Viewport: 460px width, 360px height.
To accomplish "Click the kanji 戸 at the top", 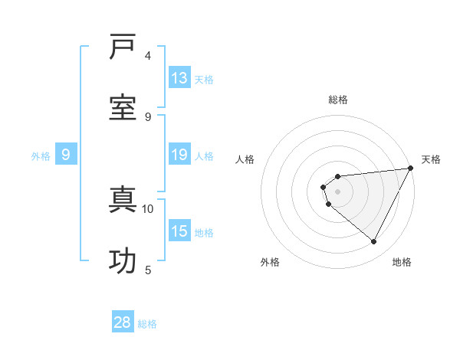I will tap(123, 48).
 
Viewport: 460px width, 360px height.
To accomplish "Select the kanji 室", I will tap(123, 106).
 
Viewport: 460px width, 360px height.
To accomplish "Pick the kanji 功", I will tap(123, 261).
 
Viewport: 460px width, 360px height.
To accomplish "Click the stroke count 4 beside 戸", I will tap(148, 56).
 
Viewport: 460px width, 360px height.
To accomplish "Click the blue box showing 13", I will tap(179, 78).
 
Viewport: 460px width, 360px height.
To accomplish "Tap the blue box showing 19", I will tap(179, 155).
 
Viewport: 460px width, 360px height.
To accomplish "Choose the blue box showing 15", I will tap(179, 231).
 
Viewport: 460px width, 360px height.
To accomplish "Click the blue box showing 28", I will tap(123, 322).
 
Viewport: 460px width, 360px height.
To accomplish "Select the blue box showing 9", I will tap(66, 155).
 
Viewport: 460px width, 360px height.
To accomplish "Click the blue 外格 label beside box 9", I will tap(41, 155).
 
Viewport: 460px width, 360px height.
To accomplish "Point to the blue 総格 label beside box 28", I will tap(147, 323).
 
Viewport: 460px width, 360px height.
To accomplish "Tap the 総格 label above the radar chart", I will tap(338, 100).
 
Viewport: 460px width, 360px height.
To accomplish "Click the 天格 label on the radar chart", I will tap(431, 159).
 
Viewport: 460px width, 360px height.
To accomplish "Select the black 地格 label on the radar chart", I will tap(402, 262).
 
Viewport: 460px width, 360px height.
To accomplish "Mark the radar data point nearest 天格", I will tap(410, 169).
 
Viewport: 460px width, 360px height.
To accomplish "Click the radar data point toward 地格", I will tap(374, 242).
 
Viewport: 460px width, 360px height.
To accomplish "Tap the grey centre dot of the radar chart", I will tap(337, 191).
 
